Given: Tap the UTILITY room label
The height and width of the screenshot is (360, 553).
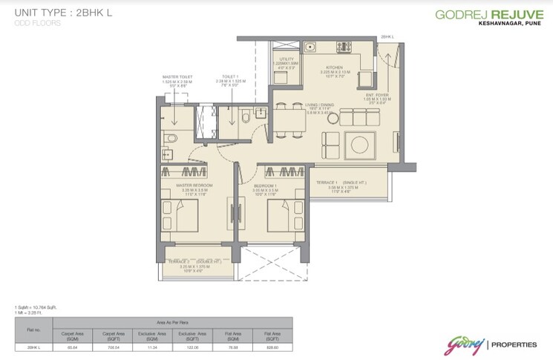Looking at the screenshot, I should pyautogui.click(x=287, y=58).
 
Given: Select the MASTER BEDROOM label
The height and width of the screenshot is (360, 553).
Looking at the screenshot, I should pyautogui.click(x=194, y=184).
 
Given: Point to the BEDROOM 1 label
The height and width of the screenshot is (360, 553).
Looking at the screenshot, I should pyautogui.click(x=265, y=184).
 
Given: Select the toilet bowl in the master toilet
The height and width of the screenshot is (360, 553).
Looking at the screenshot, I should pyautogui.click(x=169, y=137).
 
